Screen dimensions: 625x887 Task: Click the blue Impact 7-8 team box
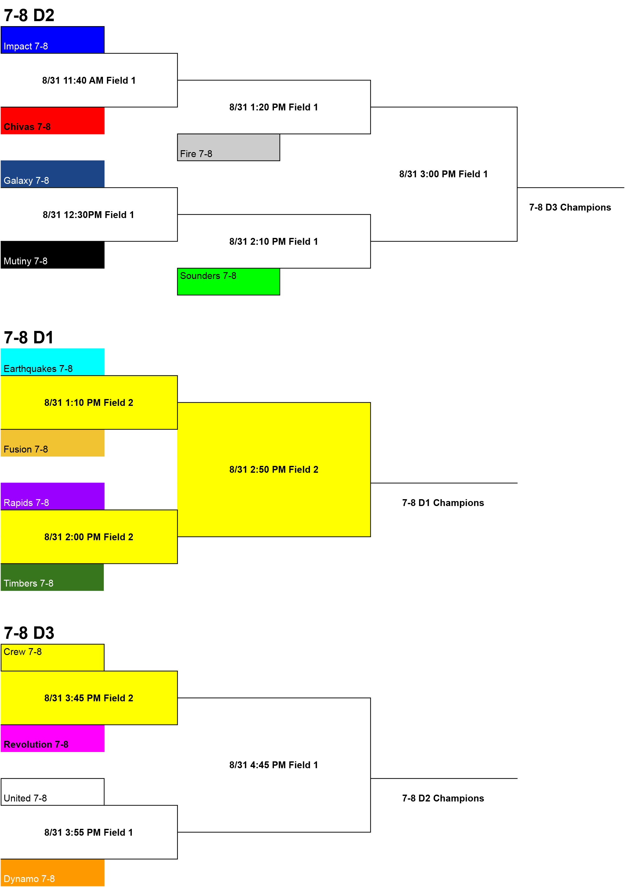pyautogui.click(x=53, y=40)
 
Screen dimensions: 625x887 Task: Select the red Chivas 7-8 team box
pyautogui.click(x=53, y=121)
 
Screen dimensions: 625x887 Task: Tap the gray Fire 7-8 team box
pyautogui.click(x=229, y=147)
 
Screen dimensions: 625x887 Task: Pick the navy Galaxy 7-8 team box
pyautogui.click(x=53, y=174)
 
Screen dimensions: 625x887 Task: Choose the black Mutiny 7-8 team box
pyautogui.click(x=53, y=255)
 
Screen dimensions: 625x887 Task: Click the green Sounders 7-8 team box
pyautogui.click(x=229, y=282)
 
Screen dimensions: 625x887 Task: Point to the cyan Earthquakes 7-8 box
pyautogui.click(x=53, y=362)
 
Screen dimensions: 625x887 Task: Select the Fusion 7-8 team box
pyautogui.click(x=53, y=443)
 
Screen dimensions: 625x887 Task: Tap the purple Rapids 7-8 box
pyautogui.click(x=53, y=496)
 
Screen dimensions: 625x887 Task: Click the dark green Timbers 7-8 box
pyautogui.click(x=52, y=577)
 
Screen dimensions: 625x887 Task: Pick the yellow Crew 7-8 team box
pyautogui.click(x=53, y=657)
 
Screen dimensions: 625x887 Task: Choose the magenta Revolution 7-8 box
pyautogui.click(x=53, y=738)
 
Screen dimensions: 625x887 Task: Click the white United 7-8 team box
pyautogui.click(x=53, y=792)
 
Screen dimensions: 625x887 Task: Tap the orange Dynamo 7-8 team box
pyautogui.click(x=53, y=873)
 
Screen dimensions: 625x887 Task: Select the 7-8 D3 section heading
pyautogui.click(x=29, y=633)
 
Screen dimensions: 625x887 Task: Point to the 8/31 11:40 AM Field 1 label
pyautogui.click(x=89, y=80)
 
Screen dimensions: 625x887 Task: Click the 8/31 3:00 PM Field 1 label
pyautogui.click(x=443, y=174)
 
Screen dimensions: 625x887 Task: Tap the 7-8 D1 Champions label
pyautogui.click(x=443, y=503)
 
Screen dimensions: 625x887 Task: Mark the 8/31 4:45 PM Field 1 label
pyautogui.click(x=274, y=765)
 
